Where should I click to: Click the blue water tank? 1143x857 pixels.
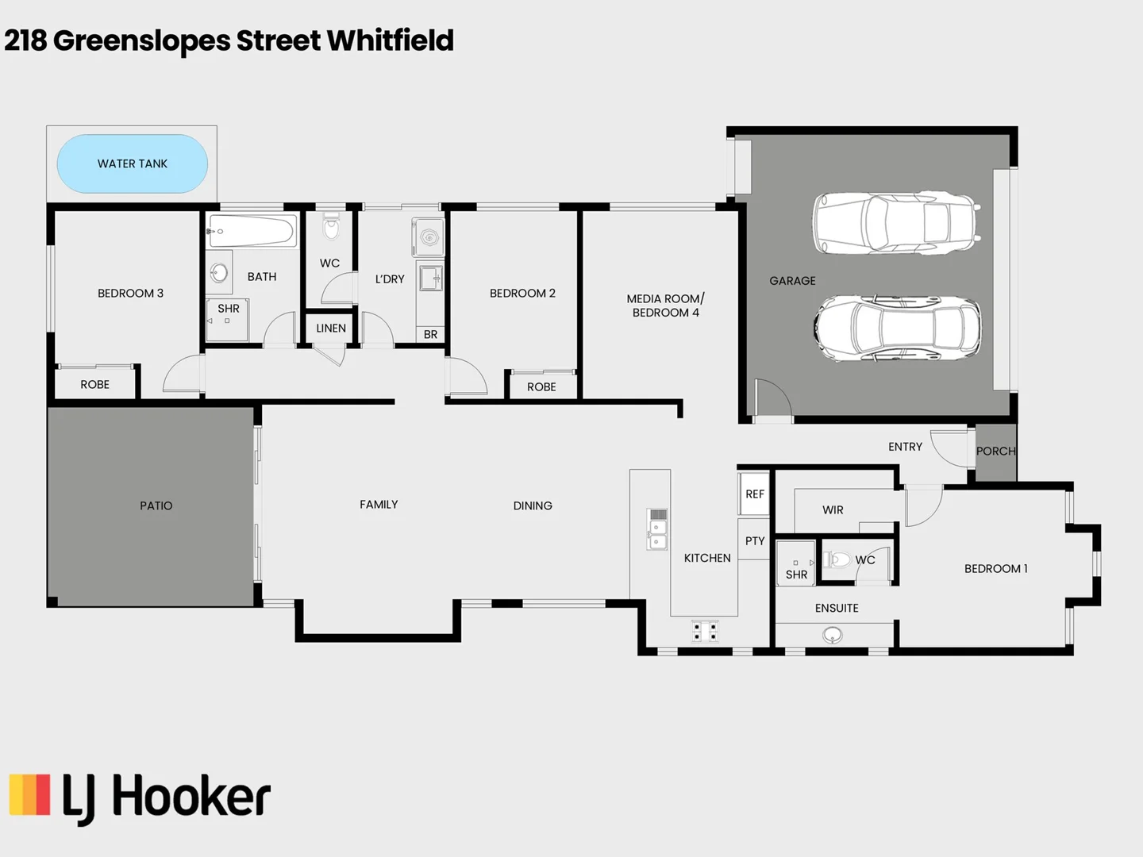pyautogui.click(x=132, y=163)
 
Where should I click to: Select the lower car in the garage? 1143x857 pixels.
pyautogui.click(x=897, y=329)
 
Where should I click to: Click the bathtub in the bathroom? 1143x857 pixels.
pyautogui.click(x=252, y=231)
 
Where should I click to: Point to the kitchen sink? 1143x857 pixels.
pyautogui.click(x=657, y=529)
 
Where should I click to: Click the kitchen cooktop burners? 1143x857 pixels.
pyautogui.click(x=705, y=631)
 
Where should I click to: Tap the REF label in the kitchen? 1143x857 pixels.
pyautogui.click(x=755, y=494)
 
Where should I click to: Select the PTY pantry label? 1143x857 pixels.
pyautogui.click(x=755, y=541)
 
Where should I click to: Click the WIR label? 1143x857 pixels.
pyautogui.click(x=833, y=510)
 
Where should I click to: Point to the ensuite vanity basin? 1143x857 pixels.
pyautogui.click(x=833, y=635)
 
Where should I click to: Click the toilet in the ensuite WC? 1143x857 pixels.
pyautogui.click(x=836, y=560)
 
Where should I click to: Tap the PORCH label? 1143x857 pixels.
pyautogui.click(x=995, y=452)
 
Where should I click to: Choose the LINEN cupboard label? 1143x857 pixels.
pyautogui.click(x=331, y=329)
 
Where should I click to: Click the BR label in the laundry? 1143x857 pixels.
pyautogui.click(x=430, y=335)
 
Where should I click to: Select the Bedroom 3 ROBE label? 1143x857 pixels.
pyautogui.click(x=95, y=385)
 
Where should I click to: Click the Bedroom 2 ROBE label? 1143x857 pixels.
pyautogui.click(x=541, y=387)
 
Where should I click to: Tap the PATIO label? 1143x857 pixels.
pyautogui.click(x=156, y=506)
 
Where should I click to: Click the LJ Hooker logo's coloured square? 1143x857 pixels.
pyautogui.click(x=29, y=795)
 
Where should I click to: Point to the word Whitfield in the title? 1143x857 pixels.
pyautogui.click(x=390, y=40)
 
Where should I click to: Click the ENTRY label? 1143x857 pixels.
pyautogui.click(x=905, y=447)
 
